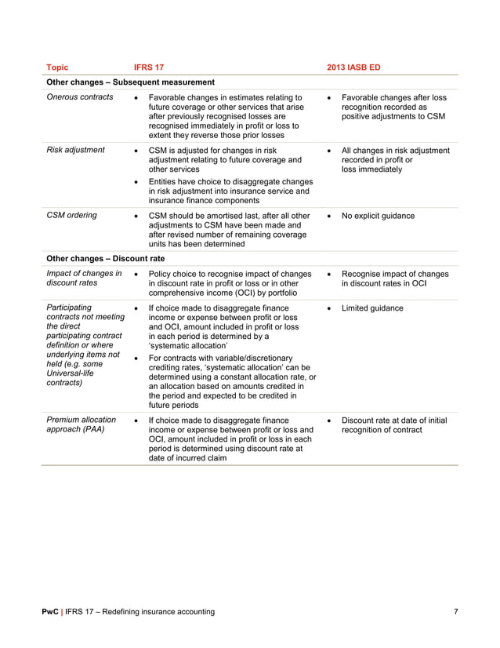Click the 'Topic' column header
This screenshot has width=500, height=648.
(x=58, y=67)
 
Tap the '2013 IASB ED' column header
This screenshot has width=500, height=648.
(x=353, y=67)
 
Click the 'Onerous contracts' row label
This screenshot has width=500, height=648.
(x=80, y=97)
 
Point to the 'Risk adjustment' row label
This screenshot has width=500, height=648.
(x=76, y=150)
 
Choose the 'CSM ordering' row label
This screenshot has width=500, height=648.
(x=72, y=215)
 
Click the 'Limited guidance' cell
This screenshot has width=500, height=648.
(x=373, y=308)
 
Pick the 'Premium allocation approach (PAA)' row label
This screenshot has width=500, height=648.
(x=82, y=425)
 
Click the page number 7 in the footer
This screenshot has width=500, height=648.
(x=455, y=611)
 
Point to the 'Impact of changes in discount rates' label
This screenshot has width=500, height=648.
(x=84, y=278)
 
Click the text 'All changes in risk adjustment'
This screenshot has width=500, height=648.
(x=396, y=150)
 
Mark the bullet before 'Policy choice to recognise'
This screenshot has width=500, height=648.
(x=137, y=274)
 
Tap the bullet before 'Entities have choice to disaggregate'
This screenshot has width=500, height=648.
(x=137, y=181)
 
